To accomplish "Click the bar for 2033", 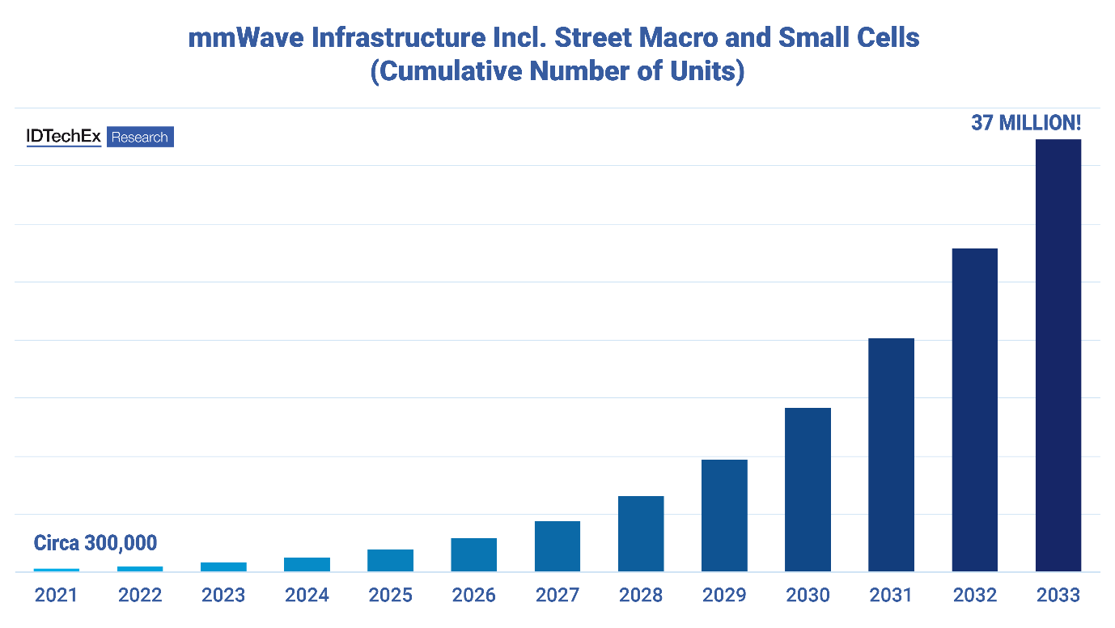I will pyautogui.click(x=1058, y=355).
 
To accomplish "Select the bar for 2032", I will pyautogui.click(x=974, y=409).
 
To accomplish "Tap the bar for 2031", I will pyautogui.click(x=891, y=455).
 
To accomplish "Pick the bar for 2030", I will pyautogui.click(x=808, y=490).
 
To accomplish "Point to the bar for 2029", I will pyautogui.click(x=724, y=516).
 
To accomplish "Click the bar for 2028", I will pyautogui.click(x=641, y=534).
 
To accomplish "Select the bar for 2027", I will pyautogui.click(x=557, y=546).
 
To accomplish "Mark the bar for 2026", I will pyautogui.click(x=474, y=555).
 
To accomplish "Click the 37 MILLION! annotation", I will pyautogui.click(x=1026, y=124).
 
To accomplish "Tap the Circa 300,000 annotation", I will pyautogui.click(x=95, y=542).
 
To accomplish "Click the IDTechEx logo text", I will pyautogui.click(x=64, y=137).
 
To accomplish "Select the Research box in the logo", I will pyautogui.click(x=140, y=138).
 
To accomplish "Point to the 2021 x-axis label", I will pyautogui.click(x=56, y=596).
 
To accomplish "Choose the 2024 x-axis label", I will pyautogui.click(x=307, y=596).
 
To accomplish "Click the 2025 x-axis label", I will pyautogui.click(x=391, y=596).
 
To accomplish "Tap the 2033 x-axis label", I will pyautogui.click(x=1058, y=596).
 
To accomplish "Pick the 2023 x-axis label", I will pyautogui.click(x=223, y=596).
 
